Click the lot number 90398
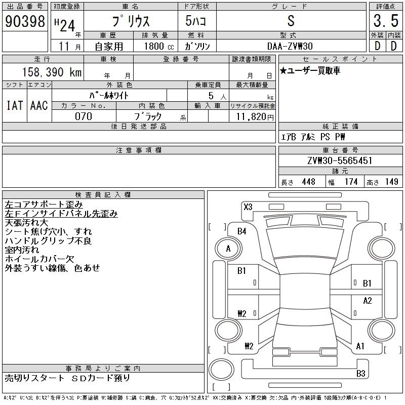pos(25,21)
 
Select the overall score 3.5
pos(386,21)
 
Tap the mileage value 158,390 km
pos(52,72)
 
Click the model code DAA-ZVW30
pos(290,46)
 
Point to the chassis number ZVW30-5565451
pos(340,160)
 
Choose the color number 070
pos(84,116)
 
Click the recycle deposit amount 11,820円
pos(255,117)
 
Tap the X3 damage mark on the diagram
pos(248,207)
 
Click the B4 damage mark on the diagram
pos(242,231)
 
